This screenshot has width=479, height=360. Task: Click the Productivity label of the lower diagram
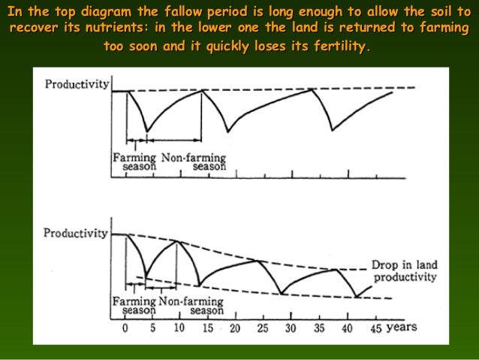point(76,233)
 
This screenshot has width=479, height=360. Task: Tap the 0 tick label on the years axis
point(125,328)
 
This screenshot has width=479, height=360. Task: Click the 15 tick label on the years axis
point(207,328)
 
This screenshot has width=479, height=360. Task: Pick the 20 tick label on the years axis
point(236,328)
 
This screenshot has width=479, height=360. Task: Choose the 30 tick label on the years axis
point(291,328)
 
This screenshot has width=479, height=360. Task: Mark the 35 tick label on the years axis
point(319,328)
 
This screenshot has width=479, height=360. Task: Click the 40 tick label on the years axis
point(347,328)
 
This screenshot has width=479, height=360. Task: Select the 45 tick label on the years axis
point(374,328)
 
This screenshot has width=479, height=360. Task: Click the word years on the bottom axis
point(402,328)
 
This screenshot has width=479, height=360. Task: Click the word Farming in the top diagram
point(134,159)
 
